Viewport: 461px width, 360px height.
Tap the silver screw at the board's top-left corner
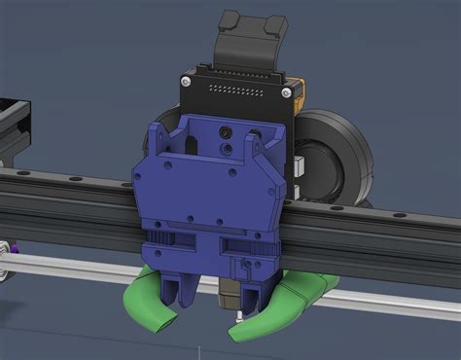(x=184, y=85)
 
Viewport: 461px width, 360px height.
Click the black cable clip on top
(x=251, y=36)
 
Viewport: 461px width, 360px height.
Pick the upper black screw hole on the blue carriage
(x=226, y=130)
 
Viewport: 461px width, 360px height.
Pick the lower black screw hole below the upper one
(x=226, y=148)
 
